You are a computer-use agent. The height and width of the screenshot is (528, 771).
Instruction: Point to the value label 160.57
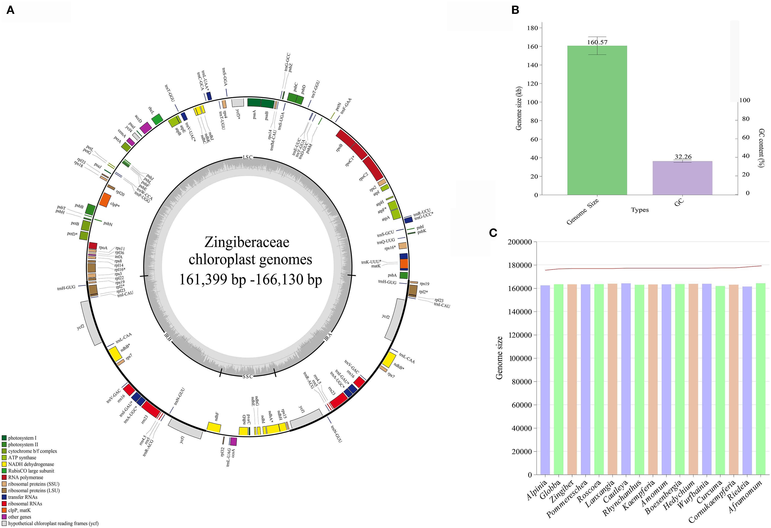597,42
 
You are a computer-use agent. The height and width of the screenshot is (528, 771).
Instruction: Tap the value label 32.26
683,157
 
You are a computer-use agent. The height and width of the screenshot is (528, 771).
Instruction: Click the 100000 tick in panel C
520,358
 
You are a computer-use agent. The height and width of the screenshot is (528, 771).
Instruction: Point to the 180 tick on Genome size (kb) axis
532,28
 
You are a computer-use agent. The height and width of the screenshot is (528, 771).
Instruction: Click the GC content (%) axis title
761,148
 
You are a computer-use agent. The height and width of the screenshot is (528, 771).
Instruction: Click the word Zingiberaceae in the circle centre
247,242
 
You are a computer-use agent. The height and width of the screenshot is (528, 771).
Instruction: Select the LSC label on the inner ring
247,157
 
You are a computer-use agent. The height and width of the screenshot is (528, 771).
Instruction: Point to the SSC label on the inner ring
247,376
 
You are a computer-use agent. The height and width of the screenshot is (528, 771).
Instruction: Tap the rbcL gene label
151,110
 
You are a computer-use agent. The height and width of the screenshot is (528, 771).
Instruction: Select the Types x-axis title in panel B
640,210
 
